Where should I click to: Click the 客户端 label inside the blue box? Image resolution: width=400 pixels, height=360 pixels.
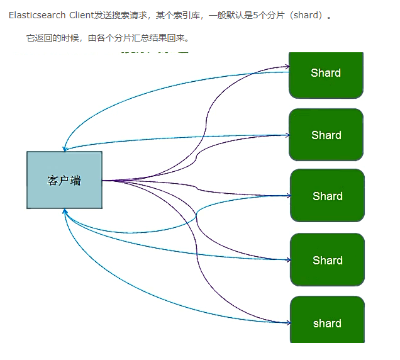pyautogui.click(x=64, y=181)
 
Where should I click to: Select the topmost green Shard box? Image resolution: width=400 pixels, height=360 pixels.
pyautogui.click(x=326, y=74)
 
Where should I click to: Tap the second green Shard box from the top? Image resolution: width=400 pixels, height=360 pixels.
pyautogui.click(x=326, y=135)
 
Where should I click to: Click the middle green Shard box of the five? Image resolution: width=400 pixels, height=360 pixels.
pyautogui.click(x=327, y=196)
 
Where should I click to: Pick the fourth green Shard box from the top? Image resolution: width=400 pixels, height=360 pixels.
pyautogui.click(x=327, y=260)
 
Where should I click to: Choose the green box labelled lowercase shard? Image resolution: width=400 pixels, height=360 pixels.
pyautogui.click(x=327, y=323)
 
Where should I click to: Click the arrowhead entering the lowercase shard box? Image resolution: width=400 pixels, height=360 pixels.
pyautogui.click(x=288, y=323)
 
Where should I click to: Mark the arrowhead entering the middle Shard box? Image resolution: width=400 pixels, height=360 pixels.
pyautogui.click(x=287, y=195)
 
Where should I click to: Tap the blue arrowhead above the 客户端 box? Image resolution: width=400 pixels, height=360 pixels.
pyautogui.click(x=64, y=149)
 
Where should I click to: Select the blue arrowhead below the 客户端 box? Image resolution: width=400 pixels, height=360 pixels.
pyautogui.click(x=65, y=212)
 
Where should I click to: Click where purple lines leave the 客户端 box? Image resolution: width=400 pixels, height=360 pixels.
pyautogui.click(x=103, y=181)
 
